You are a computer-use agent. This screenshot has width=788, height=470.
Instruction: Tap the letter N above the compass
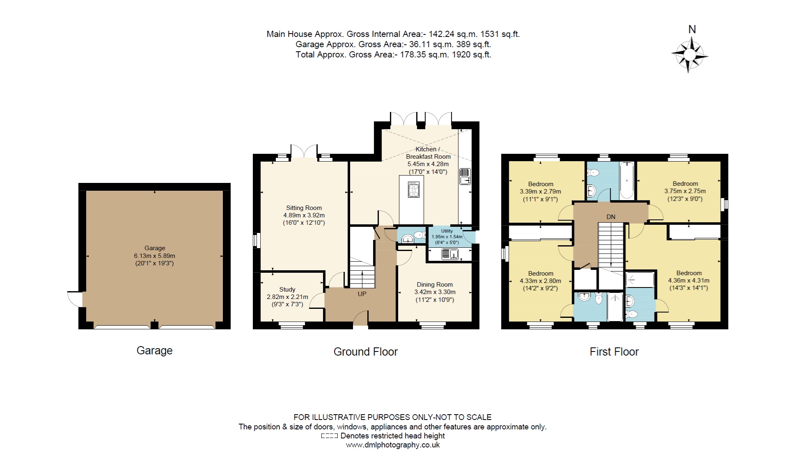[x=692, y=30]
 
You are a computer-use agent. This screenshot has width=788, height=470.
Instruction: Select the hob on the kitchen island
[x=413, y=189]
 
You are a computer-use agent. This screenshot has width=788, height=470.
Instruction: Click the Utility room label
[x=447, y=231]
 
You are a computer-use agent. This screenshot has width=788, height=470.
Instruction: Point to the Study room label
[x=287, y=290]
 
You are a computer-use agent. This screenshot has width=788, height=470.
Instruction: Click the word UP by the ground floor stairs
[x=362, y=294]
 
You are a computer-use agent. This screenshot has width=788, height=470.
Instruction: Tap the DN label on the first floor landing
[x=611, y=217]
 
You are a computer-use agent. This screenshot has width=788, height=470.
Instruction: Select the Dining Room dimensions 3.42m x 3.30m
[x=435, y=292]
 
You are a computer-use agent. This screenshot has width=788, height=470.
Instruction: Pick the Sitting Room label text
[x=304, y=208]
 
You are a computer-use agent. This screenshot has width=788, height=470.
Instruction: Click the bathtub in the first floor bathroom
[x=627, y=180]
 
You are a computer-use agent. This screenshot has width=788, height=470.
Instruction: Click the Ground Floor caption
[x=365, y=352]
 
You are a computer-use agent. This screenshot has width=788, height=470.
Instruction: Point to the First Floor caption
[x=614, y=352]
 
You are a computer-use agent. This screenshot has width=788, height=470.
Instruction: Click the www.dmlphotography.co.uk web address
[x=393, y=445]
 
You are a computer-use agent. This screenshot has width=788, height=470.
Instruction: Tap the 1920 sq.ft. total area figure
[x=471, y=55]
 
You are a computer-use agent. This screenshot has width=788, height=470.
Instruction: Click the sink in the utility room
[x=450, y=255]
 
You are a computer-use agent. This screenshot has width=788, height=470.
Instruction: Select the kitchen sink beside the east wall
[x=465, y=176]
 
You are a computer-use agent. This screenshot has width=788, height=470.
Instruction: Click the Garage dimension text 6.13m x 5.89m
[x=154, y=256]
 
